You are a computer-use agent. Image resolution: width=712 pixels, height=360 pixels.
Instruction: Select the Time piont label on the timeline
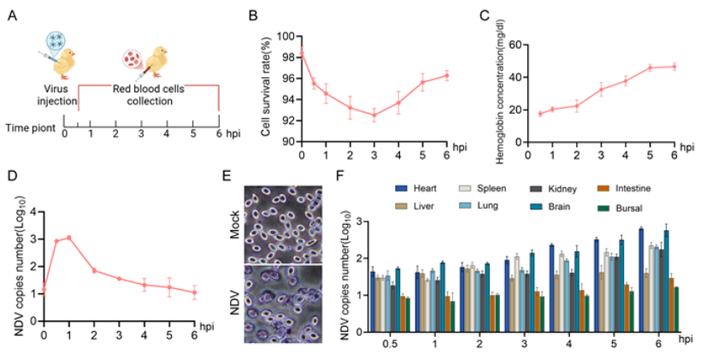30,129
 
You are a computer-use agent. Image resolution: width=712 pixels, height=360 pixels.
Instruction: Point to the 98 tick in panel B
286,57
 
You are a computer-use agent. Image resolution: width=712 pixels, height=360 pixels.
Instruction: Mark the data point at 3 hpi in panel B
374,115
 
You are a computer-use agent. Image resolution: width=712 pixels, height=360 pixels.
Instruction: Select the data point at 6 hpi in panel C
675,66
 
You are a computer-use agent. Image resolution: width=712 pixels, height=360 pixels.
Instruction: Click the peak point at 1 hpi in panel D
69,238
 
